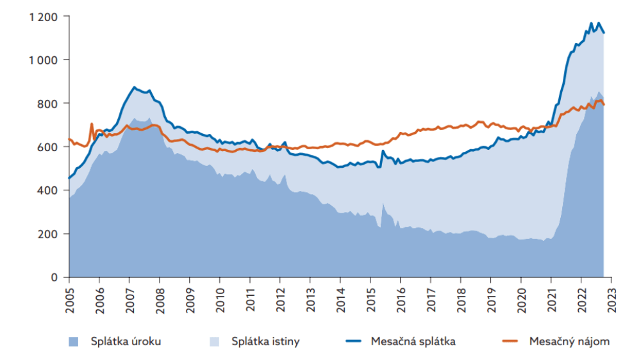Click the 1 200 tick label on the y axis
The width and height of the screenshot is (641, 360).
pos(44,17)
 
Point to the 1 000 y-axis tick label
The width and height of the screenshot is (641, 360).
pos(44,60)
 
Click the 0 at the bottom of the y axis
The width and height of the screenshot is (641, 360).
pos(55,277)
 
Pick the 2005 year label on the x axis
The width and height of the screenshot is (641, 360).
pos(69,299)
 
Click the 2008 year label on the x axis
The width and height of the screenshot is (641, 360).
pos(160,299)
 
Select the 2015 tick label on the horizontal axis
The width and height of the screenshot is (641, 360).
pos(370,299)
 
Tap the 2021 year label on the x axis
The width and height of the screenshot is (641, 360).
pos(551,299)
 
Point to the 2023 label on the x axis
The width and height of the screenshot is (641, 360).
pos(612,299)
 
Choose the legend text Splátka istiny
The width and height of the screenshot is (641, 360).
pos(265,341)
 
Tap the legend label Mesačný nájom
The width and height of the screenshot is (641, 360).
pos(569,341)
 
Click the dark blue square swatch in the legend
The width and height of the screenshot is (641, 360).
pos(74,341)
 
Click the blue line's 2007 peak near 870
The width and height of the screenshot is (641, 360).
pos(134,87)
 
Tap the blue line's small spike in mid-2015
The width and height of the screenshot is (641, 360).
pos(383,151)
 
